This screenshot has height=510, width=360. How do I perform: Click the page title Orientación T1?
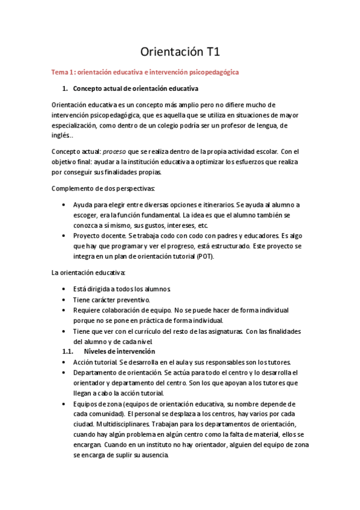click(180, 52)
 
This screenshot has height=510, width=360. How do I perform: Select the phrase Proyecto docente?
click(100, 235)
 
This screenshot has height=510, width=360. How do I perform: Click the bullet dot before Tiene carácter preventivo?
click(64, 300)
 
